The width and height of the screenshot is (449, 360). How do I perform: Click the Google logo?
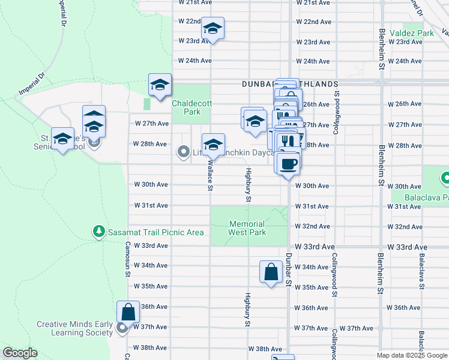pos(20,353)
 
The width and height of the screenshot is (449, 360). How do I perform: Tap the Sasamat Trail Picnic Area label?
pos(155,232)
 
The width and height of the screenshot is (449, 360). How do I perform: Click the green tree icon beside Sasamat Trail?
pos(98,231)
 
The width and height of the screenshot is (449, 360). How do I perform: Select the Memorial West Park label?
pos(247,228)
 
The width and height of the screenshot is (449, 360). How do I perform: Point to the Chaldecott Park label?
pos(191,107)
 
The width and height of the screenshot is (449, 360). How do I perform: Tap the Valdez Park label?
pos(411,33)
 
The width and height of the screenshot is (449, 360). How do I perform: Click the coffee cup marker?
pos(288,164)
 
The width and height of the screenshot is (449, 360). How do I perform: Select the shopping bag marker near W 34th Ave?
pos(271,271)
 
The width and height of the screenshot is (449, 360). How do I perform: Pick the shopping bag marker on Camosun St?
pos(128,312)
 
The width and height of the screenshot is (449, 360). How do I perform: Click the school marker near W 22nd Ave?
pos(212,29)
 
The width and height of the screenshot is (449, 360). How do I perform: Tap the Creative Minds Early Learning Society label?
pos(74,328)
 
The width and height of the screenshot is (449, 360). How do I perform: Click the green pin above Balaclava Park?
pos(445,178)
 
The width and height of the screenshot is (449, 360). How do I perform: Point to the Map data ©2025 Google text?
pos(411,355)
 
